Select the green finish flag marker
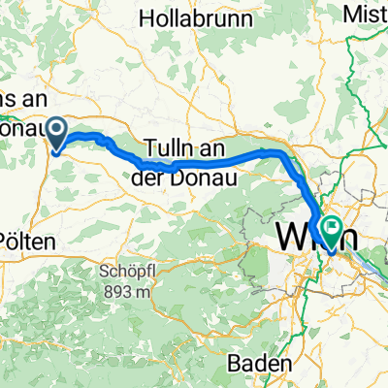333,231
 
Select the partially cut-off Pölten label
23,240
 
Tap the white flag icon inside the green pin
333,229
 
